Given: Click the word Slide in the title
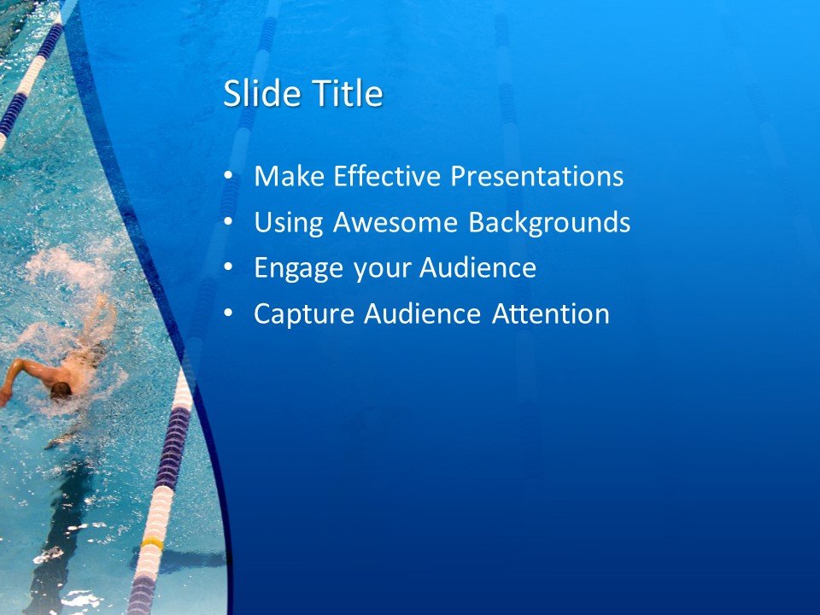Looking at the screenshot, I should [x=257, y=94].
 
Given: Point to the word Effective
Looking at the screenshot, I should [x=387, y=177].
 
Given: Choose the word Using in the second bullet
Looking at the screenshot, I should [x=290, y=223].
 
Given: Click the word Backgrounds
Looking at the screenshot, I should [x=549, y=223].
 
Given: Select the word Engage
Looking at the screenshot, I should [x=300, y=269].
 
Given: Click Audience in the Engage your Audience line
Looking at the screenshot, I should [x=477, y=269].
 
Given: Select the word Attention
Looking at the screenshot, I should [x=551, y=314].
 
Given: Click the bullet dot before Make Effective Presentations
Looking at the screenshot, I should [x=227, y=177].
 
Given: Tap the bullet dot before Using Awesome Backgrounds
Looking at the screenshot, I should [x=227, y=223].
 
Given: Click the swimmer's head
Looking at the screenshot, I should [x=61, y=390].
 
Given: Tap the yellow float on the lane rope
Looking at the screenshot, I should [x=153, y=542].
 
